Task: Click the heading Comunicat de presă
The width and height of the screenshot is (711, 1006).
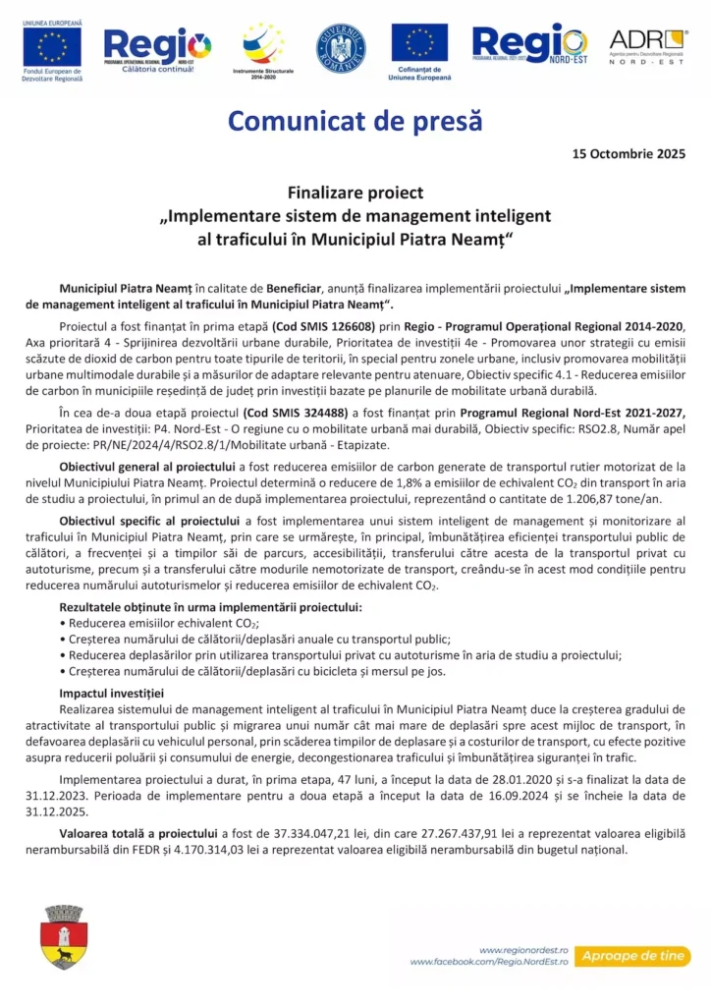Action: click(355, 121)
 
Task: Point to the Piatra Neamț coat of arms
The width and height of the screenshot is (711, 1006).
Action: click(64, 937)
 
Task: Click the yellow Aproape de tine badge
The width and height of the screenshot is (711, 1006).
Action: click(633, 956)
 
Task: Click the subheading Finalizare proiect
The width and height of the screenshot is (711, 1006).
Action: click(355, 193)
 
